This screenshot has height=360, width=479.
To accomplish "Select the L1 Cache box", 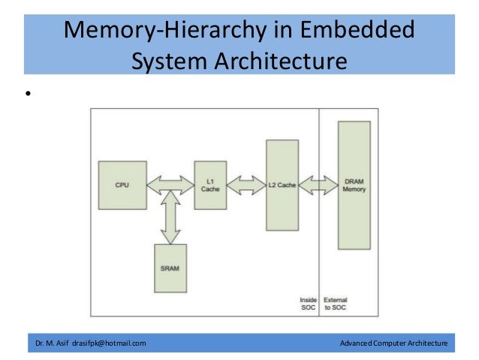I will tap(209, 185).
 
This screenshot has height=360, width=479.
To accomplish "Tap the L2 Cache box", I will tap(282, 185).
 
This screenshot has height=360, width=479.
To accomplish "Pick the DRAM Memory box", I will tap(354, 185).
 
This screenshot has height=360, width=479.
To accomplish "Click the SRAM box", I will tap(170, 268).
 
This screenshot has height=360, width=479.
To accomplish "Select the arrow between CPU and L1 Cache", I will tap(170, 184).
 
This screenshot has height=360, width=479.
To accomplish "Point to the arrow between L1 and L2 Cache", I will tap(246, 184).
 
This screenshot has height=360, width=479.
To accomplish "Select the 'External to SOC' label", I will tap(335, 304).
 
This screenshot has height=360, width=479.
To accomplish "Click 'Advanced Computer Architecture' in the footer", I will tap(393, 343).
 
